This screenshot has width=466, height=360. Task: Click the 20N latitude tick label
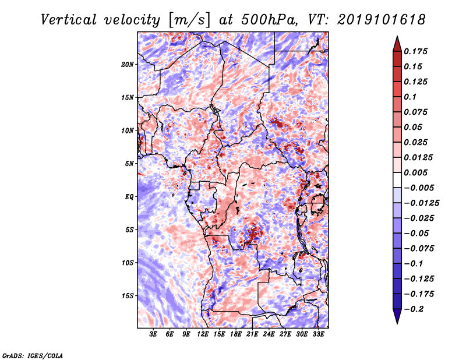click(x=128, y=65)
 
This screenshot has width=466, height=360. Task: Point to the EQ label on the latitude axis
click(x=129, y=197)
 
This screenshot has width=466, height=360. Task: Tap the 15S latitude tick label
click(x=128, y=296)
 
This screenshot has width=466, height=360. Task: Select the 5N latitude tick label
click(x=129, y=164)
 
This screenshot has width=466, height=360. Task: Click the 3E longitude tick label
click(x=153, y=334)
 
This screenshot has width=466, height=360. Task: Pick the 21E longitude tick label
click(x=252, y=334)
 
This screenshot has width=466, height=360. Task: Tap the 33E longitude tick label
click(x=318, y=334)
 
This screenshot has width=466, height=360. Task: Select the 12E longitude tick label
click(x=202, y=334)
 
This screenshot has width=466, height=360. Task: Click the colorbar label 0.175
click(x=415, y=51)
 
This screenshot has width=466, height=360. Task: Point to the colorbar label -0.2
click(x=414, y=309)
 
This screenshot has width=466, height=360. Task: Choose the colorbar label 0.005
click(x=415, y=172)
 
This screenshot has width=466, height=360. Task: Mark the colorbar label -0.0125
click(x=421, y=203)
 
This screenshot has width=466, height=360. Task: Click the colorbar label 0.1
click(x=410, y=97)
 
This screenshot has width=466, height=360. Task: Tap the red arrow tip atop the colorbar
click(x=397, y=37)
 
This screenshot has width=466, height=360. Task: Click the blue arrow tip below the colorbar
click(x=397, y=323)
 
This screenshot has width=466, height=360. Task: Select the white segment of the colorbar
click(x=397, y=180)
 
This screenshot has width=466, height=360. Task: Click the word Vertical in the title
click(x=69, y=20)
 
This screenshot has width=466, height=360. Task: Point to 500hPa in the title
click(x=269, y=20)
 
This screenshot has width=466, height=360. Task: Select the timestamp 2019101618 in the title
click(x=382, y=20)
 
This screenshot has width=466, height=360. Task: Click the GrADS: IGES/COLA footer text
click(x=33, y=356)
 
